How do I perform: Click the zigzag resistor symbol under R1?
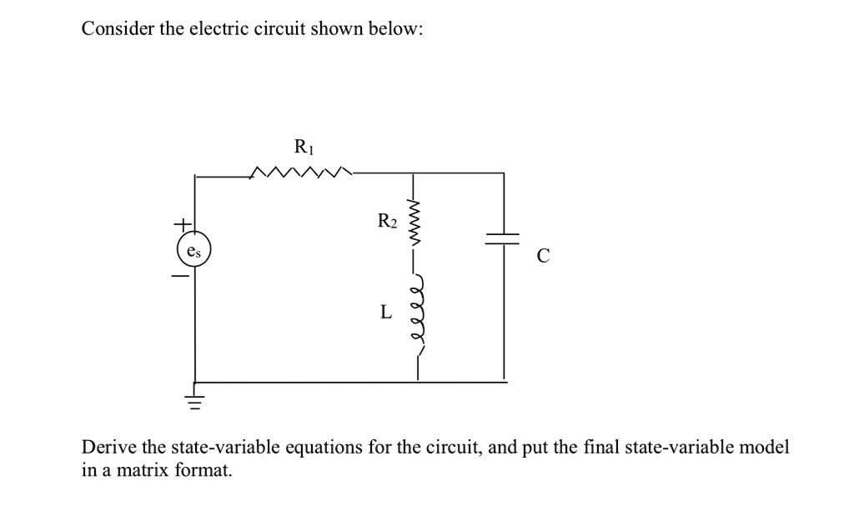click(x=303, y=173)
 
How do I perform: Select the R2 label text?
click(x=388, y=221)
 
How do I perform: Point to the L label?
click(x=384, y=313)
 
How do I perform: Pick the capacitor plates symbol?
click(x=504, y=239)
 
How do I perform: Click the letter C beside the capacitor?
click(x=543, y=258)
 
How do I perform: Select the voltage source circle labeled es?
click(x=195, y=250)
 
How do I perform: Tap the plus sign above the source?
click(x=179, y=225)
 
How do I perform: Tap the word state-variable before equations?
click(x=225, y=447)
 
